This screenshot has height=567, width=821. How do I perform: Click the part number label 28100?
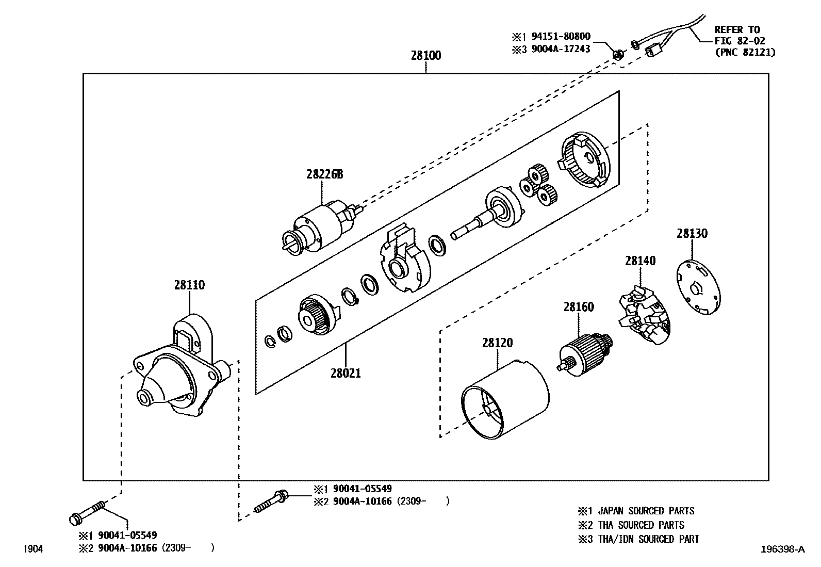425,56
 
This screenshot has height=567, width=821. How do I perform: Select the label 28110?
189,285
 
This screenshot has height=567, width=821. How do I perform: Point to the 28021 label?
346,372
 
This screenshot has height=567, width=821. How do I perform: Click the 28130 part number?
692,234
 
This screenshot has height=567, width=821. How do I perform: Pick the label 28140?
640,261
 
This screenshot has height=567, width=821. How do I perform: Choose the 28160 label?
578,307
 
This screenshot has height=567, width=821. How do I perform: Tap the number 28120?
498,343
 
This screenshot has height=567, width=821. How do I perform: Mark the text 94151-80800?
561,37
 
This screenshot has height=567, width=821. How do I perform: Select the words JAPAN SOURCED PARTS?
646,511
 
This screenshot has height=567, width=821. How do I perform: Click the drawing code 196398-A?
782,549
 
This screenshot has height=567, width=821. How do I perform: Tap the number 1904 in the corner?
33,549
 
